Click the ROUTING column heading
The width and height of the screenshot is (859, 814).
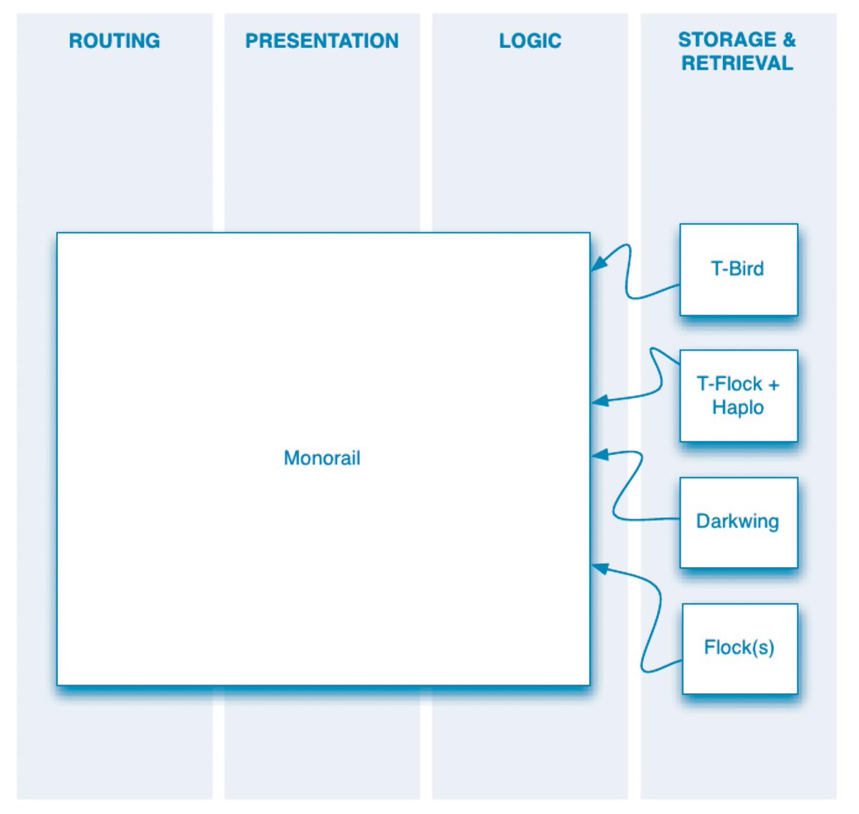[x=115, y=41]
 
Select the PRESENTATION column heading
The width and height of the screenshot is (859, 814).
[x=322, y=41]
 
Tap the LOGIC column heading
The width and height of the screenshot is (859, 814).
[x=530, y=41]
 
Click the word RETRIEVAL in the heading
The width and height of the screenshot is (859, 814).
[x=737, y=63]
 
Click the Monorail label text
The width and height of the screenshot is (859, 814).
[x=322, y=457]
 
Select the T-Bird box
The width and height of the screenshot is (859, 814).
[x=739, y=269]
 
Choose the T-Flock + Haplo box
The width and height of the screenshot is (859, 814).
[x=739, y=396]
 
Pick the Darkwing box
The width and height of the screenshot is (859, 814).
[x=739, y=523]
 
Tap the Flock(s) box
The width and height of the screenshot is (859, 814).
[x=740, y=649]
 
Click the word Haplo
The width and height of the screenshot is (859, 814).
[x=738, y=408]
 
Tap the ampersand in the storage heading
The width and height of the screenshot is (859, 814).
[x=789, y=39]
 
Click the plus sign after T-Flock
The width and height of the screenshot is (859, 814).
[x=773, y=384]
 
